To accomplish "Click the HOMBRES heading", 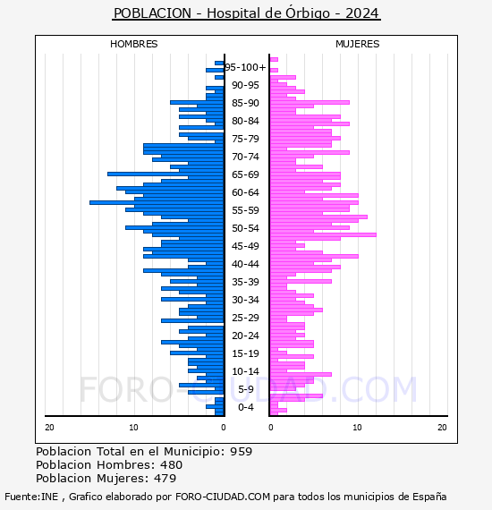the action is [x=133, y=44].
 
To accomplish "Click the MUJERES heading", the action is [x=358, y=44].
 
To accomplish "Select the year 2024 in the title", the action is [x=362, y=13].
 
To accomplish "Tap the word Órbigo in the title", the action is [x=308, y=13].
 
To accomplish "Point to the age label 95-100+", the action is [x=245, y=67].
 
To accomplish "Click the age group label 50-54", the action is [x=245, y=228].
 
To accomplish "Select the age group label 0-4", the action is [x=245, y=407].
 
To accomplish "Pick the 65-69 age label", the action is [x=245, y=174].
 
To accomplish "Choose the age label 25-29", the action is [x=245, y=318].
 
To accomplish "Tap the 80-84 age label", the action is [x=245, y=121].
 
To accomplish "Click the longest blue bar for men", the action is [x=157, y=202].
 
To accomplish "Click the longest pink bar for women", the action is [x=323, y=234].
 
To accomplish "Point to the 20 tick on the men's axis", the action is [x=49, y=428].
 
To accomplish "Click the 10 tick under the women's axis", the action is [x=357, y=428].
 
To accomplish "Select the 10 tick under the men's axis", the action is [x=133, y=428].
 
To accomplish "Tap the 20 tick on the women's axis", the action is [x=442, y=428].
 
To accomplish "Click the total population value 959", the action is [x=241, y=452].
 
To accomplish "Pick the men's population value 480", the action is [x=171, y=464].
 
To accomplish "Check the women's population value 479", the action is [x=165, y=479].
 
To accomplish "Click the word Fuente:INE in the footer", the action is [x=31, y=497].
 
